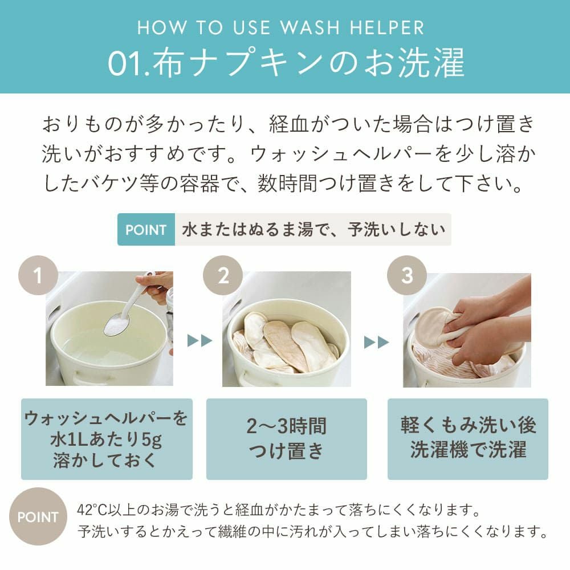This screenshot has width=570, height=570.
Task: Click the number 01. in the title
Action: (129, 63)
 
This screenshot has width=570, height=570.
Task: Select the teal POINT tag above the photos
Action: (146, 230)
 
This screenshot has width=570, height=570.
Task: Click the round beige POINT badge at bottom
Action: (38, 516)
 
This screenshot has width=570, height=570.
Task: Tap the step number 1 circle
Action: (38, 275)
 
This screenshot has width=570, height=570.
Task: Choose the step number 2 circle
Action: (223, 275)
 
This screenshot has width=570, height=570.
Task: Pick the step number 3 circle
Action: (407, 275)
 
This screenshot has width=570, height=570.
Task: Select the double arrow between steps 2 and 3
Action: (377, 342)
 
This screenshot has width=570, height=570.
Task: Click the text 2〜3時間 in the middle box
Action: (287, 426)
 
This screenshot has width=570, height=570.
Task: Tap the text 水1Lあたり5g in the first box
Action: (106, 439)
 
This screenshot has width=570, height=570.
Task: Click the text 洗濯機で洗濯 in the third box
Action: (468, 450)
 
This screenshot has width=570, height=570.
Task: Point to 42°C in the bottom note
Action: (91, 510)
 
